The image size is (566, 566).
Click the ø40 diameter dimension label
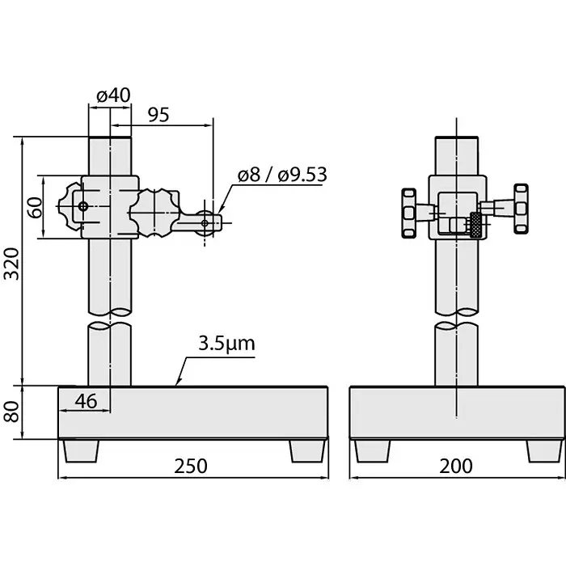point(113,95)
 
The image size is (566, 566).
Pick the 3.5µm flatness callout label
point(226,344)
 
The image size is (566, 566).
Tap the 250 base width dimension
point(191,467)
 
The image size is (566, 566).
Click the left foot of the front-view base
point(81,450)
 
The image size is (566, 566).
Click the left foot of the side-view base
point(371,450)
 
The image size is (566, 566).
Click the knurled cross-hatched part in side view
point(476,225)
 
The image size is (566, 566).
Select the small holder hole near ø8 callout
point(206,222)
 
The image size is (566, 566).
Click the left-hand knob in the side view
point(408,213)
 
